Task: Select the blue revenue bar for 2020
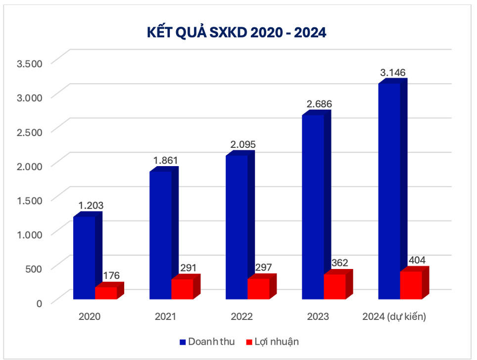[84, 257]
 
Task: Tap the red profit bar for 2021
[182, 289]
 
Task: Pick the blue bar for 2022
[237, 227]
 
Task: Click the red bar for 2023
[334, 286]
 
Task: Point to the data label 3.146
[392, 73]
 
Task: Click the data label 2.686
[317, 104]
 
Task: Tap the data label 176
[111, 275]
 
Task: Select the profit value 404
[417, 260]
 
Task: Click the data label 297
[264, 268]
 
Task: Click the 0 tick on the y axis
[40, 303]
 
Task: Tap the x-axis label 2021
[165, 317]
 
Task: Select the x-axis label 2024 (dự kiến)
[394, 317]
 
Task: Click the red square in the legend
[249, 342]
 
